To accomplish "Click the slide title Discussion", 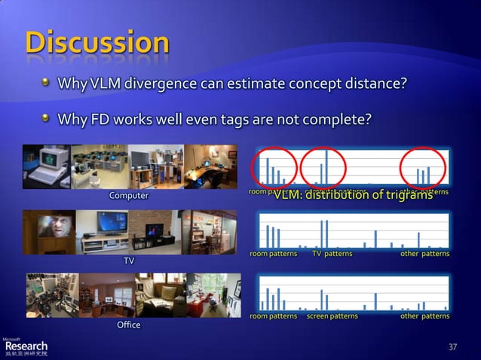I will (97, 42).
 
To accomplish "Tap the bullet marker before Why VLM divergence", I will (47, 81).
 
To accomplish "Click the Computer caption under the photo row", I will (129, 196).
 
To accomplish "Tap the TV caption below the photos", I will (129, 261).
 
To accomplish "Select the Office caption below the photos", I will (129, 325).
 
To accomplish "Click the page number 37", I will (452, 346).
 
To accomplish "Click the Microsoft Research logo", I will (26, 344).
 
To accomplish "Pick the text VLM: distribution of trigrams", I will (352, 196).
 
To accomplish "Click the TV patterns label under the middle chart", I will (332, 254).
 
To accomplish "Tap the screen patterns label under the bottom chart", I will (332, 316).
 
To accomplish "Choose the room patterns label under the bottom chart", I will (273, 316).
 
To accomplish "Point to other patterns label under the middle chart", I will (424, 254).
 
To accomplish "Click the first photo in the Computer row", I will (47, 166).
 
